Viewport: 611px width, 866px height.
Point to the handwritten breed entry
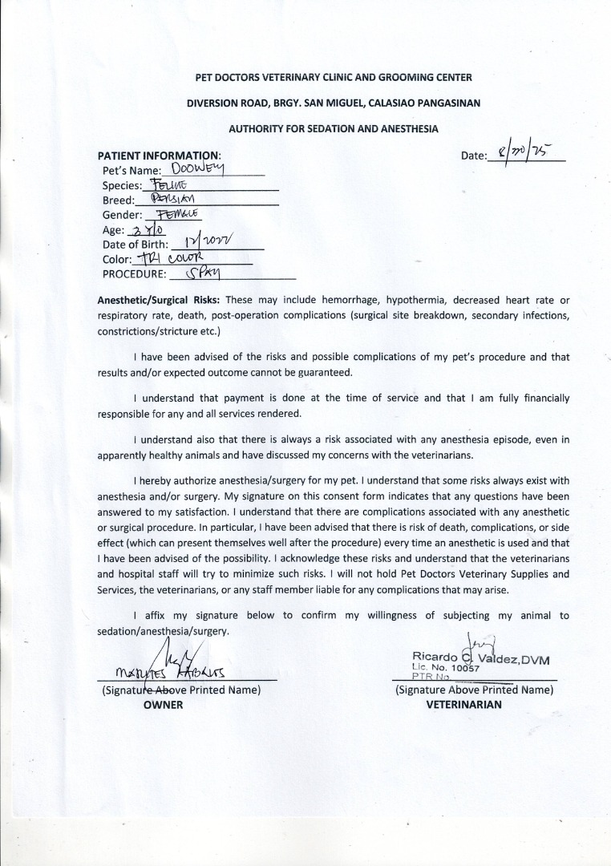172,199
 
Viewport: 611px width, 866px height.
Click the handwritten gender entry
175,214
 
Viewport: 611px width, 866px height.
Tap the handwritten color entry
173,258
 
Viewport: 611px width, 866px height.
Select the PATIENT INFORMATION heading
159,155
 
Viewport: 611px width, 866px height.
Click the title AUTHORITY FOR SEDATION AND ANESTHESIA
334,128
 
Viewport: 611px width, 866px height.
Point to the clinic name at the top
334,78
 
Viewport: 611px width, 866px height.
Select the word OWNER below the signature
164,705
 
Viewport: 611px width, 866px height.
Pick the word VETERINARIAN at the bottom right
464,705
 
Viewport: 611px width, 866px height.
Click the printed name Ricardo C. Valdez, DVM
480,658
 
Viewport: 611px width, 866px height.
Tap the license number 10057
464,668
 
